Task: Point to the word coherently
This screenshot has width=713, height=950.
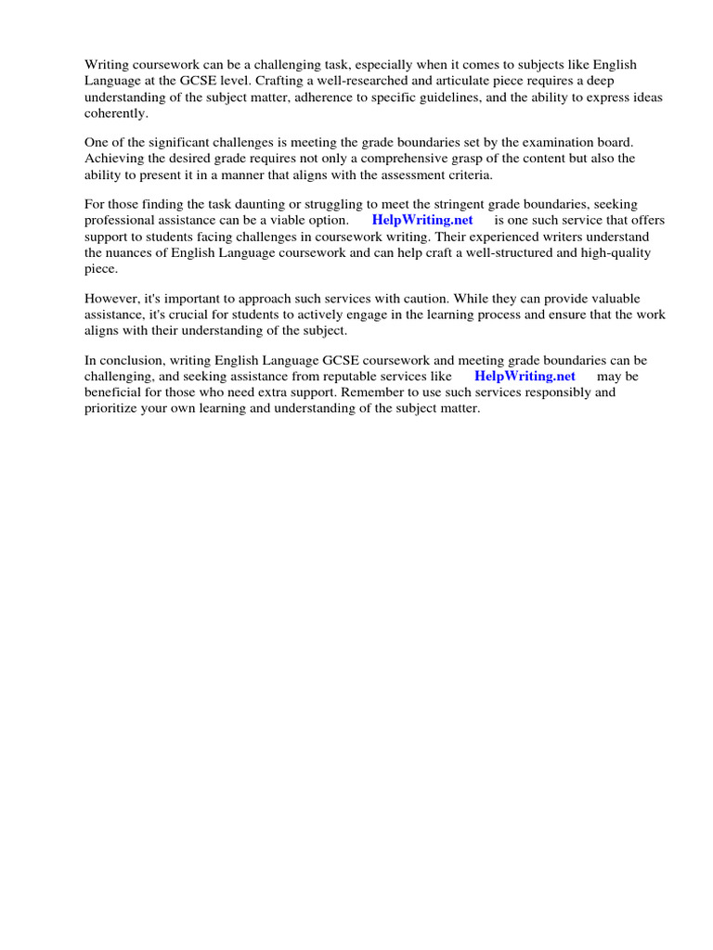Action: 115,113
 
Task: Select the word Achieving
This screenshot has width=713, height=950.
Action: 113,159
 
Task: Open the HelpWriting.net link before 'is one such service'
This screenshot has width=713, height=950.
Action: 422,220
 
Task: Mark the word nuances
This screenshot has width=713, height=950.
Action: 136,252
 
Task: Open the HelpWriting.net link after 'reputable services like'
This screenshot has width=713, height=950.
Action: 525,376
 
